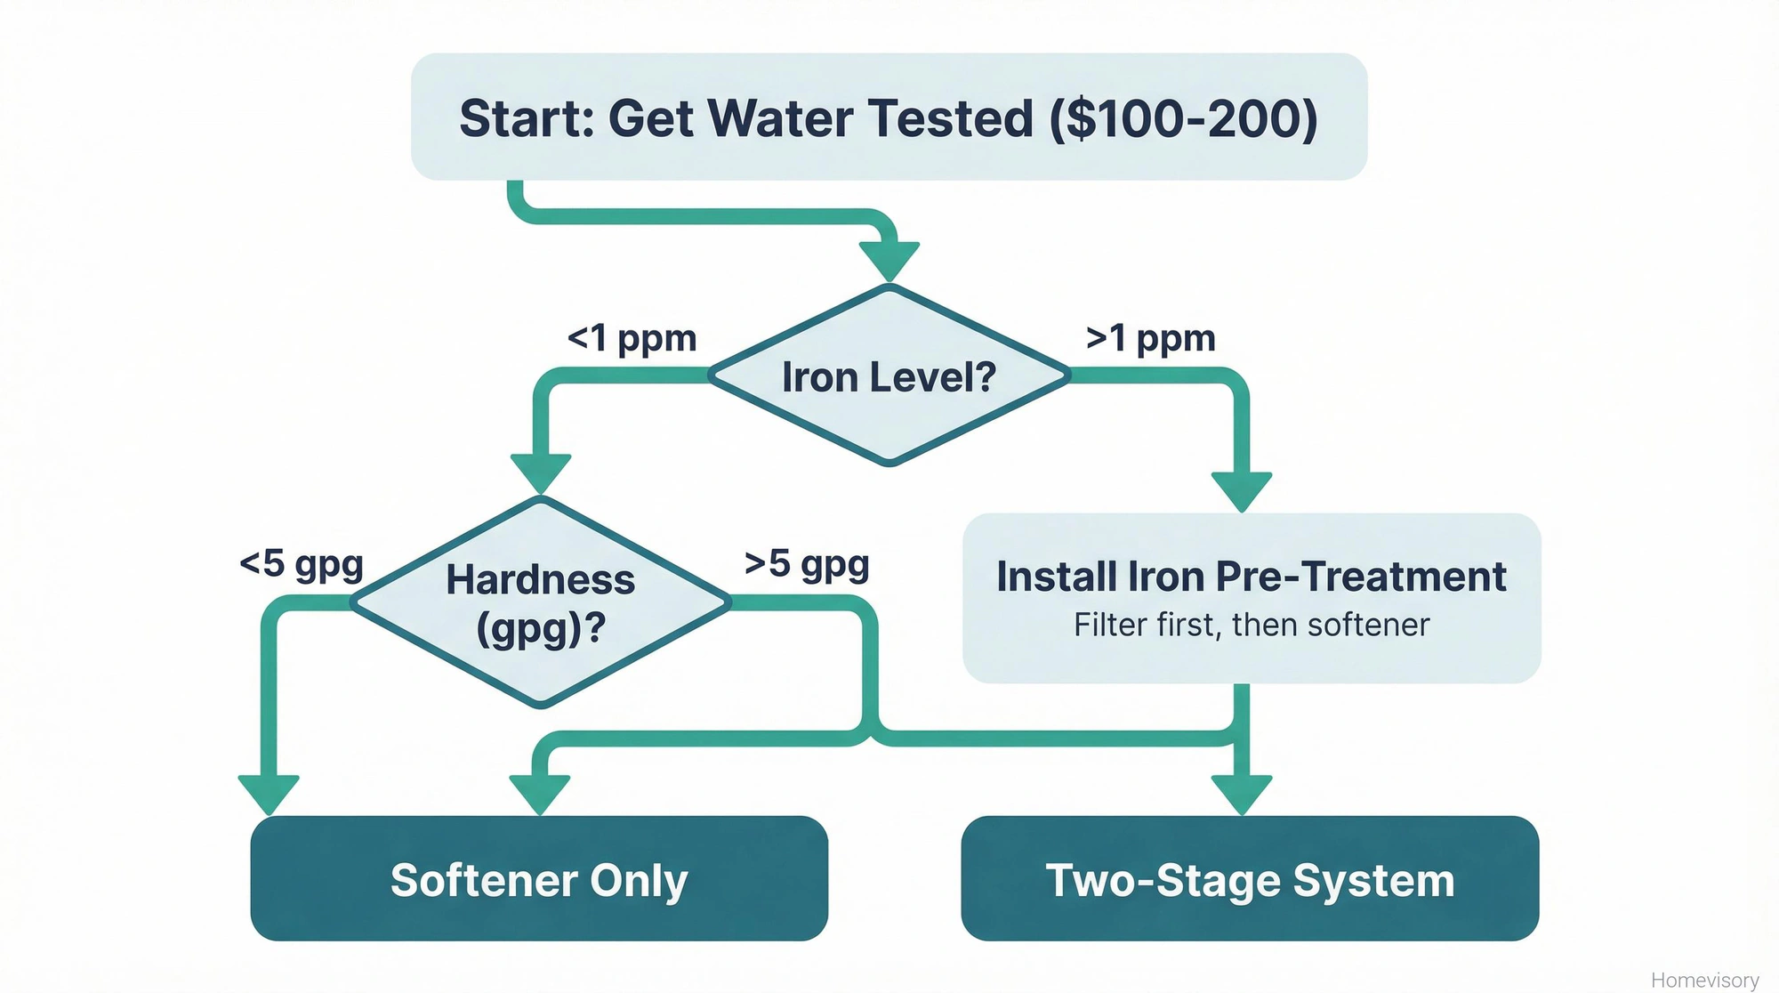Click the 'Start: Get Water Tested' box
point(888,117)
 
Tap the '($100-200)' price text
point(1183,118)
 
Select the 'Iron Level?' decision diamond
point(889,375)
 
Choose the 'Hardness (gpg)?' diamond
point(540,602)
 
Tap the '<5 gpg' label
point(302,564)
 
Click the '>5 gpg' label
point(807,564)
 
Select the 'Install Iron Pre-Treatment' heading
point(1251,577)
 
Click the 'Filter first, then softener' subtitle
point(1251,626)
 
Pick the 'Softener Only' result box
point(539,878)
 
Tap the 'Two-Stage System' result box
point(1250,878)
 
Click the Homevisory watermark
point(1704,980)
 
